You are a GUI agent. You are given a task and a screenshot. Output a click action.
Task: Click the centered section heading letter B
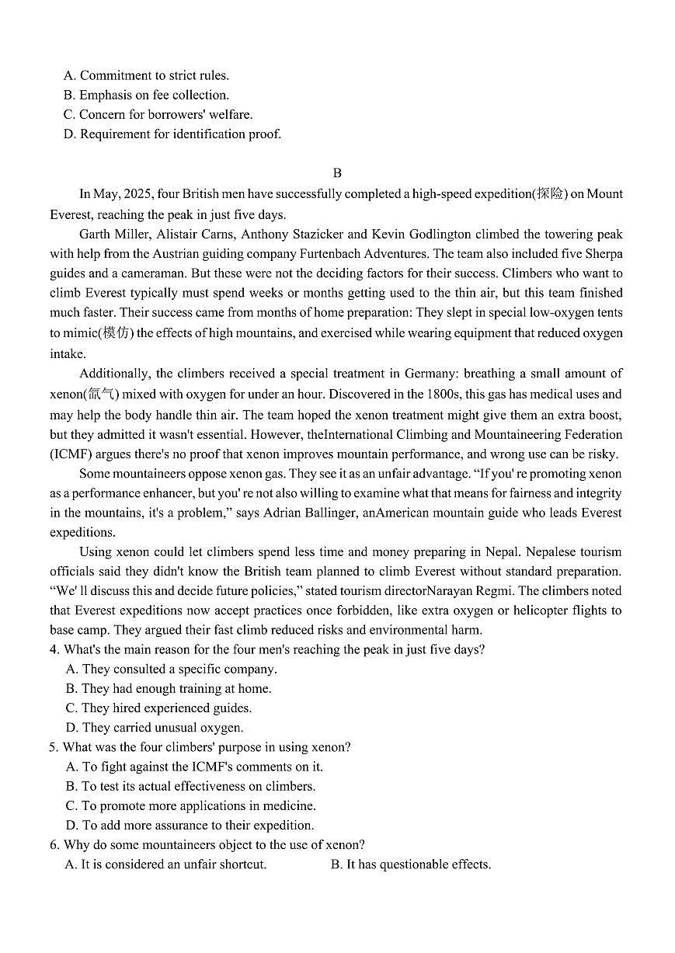337,173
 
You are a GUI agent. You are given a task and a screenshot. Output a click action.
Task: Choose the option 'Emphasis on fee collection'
147,95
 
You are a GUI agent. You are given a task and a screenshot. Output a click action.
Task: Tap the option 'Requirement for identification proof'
172,134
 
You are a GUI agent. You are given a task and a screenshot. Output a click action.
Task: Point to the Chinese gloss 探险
549,194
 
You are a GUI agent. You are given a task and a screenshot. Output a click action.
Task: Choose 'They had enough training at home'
169,688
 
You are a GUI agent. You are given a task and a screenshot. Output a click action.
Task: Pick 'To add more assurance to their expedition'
190,825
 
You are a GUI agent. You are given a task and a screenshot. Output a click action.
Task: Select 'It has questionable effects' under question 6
411,864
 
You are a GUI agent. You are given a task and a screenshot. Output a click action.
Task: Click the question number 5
53,747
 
